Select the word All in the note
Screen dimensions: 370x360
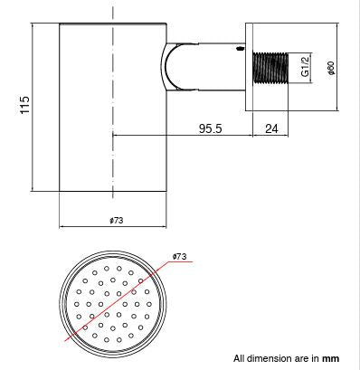(x=240, y=358)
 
